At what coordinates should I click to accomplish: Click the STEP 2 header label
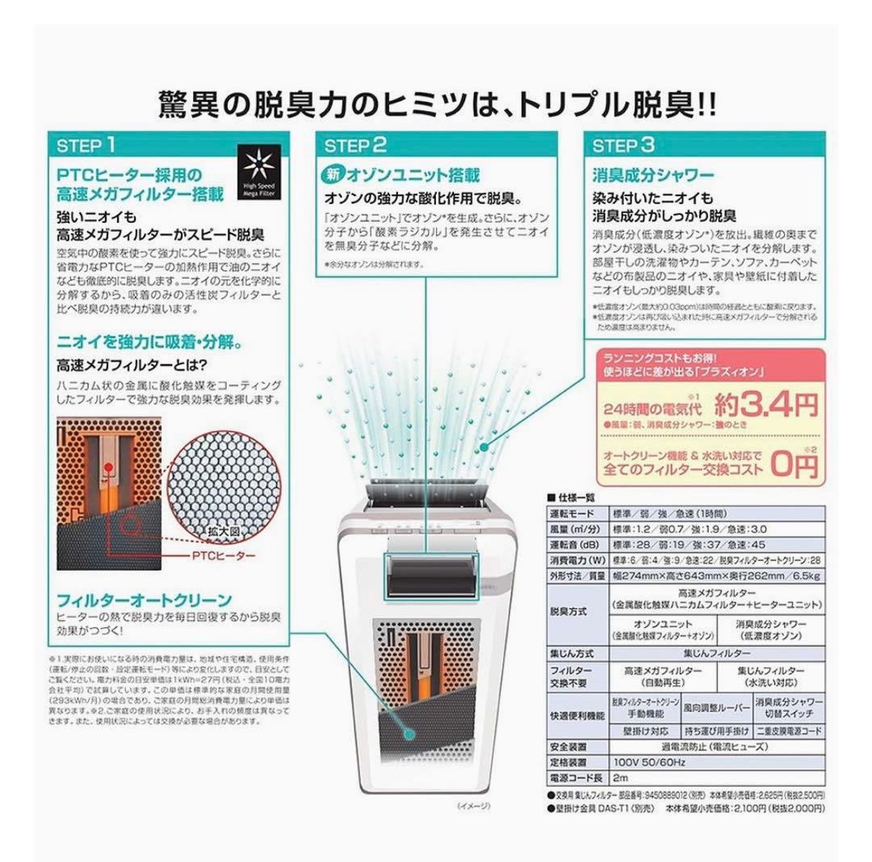point(355,146)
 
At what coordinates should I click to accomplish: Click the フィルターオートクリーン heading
point(145,600)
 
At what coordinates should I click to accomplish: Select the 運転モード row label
point(572,513)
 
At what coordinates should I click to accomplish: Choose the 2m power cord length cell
point(620,778)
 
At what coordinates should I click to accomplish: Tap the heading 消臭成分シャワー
point(653,175)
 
